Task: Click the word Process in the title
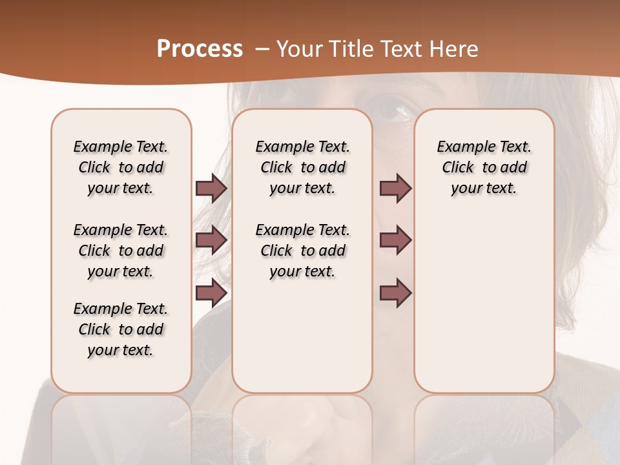coord(200,49)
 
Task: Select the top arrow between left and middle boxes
coord(211,188)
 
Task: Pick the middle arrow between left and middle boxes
coord(211,240)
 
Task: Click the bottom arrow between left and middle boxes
coord(211,293)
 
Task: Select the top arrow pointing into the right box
coord(395,188)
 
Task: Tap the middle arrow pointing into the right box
coord(395,240)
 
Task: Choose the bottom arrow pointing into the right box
coord(395,293)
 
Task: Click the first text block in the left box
coord(121,167)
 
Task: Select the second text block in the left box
coord(121,251)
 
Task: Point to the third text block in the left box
coord(121,329)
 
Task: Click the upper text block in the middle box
coord(302,167)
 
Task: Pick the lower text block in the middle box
coord(302,251)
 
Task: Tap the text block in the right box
coord(484,167)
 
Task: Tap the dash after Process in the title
coord(262,49)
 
